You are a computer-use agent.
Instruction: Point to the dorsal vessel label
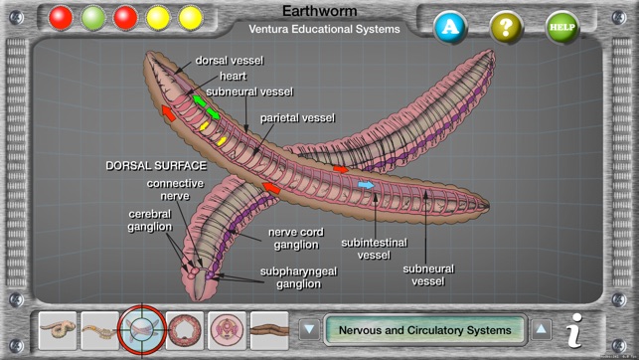pyautogui.click(x=229, y=60)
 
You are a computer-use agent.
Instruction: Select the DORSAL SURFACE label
pyautogui.click(x=156, y=165)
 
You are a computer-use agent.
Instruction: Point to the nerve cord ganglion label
pyautogui.click(x=294, y=238)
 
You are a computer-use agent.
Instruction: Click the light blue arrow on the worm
pyautogui.click(x=366, y=185)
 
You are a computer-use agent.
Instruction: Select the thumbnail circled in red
pyautogui.click(x=141, y=329)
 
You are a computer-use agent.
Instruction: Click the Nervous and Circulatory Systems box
pyautogui.click(x=424, y=329)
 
